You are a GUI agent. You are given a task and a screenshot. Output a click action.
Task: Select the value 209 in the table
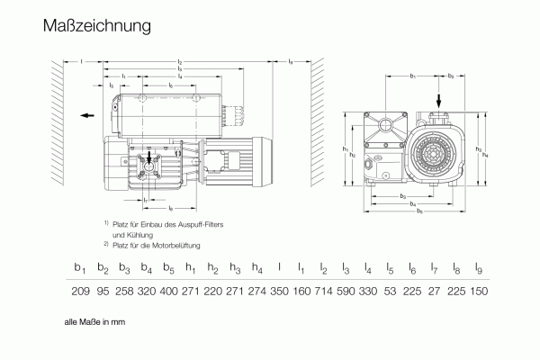(81, 292)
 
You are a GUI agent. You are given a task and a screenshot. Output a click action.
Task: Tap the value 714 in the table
(323, 292)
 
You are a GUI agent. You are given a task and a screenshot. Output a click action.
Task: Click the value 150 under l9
(479, 292)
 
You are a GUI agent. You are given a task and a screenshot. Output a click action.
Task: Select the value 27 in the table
(435, 292)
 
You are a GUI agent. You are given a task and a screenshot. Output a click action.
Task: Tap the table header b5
(169, 268)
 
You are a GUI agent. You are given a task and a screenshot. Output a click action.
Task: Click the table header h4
(257, 268)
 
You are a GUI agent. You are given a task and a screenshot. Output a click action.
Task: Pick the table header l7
(435, 268)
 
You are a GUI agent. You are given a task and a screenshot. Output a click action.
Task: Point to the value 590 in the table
(346, 292)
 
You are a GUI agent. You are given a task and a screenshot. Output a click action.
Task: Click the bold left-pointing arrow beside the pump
(84, 116)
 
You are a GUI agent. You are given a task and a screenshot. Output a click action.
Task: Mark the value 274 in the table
(257, 292)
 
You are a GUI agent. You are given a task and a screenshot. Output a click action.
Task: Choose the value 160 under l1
(301, 292)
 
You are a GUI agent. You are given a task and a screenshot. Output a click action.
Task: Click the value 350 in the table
(279, 292)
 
